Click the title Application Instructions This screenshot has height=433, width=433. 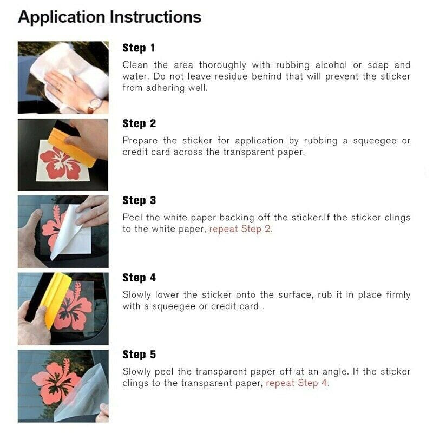[x=109, y=17]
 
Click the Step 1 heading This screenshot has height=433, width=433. [x=139, y=48]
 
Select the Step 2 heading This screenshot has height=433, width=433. [x=139, y=123]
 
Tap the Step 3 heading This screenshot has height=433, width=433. [x=139, y=200]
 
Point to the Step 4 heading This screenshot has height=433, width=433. [x=139, y=278]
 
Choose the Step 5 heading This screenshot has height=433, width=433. [x=139, y=355]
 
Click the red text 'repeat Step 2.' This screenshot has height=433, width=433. [x=241, y=229]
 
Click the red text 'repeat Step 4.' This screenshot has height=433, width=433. [x=297, y=383]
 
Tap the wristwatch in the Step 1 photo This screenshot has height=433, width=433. [x=96, y=103]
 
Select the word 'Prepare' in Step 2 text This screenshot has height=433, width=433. [x=140, y=141]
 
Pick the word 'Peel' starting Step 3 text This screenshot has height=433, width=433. [x=132, y=218]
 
